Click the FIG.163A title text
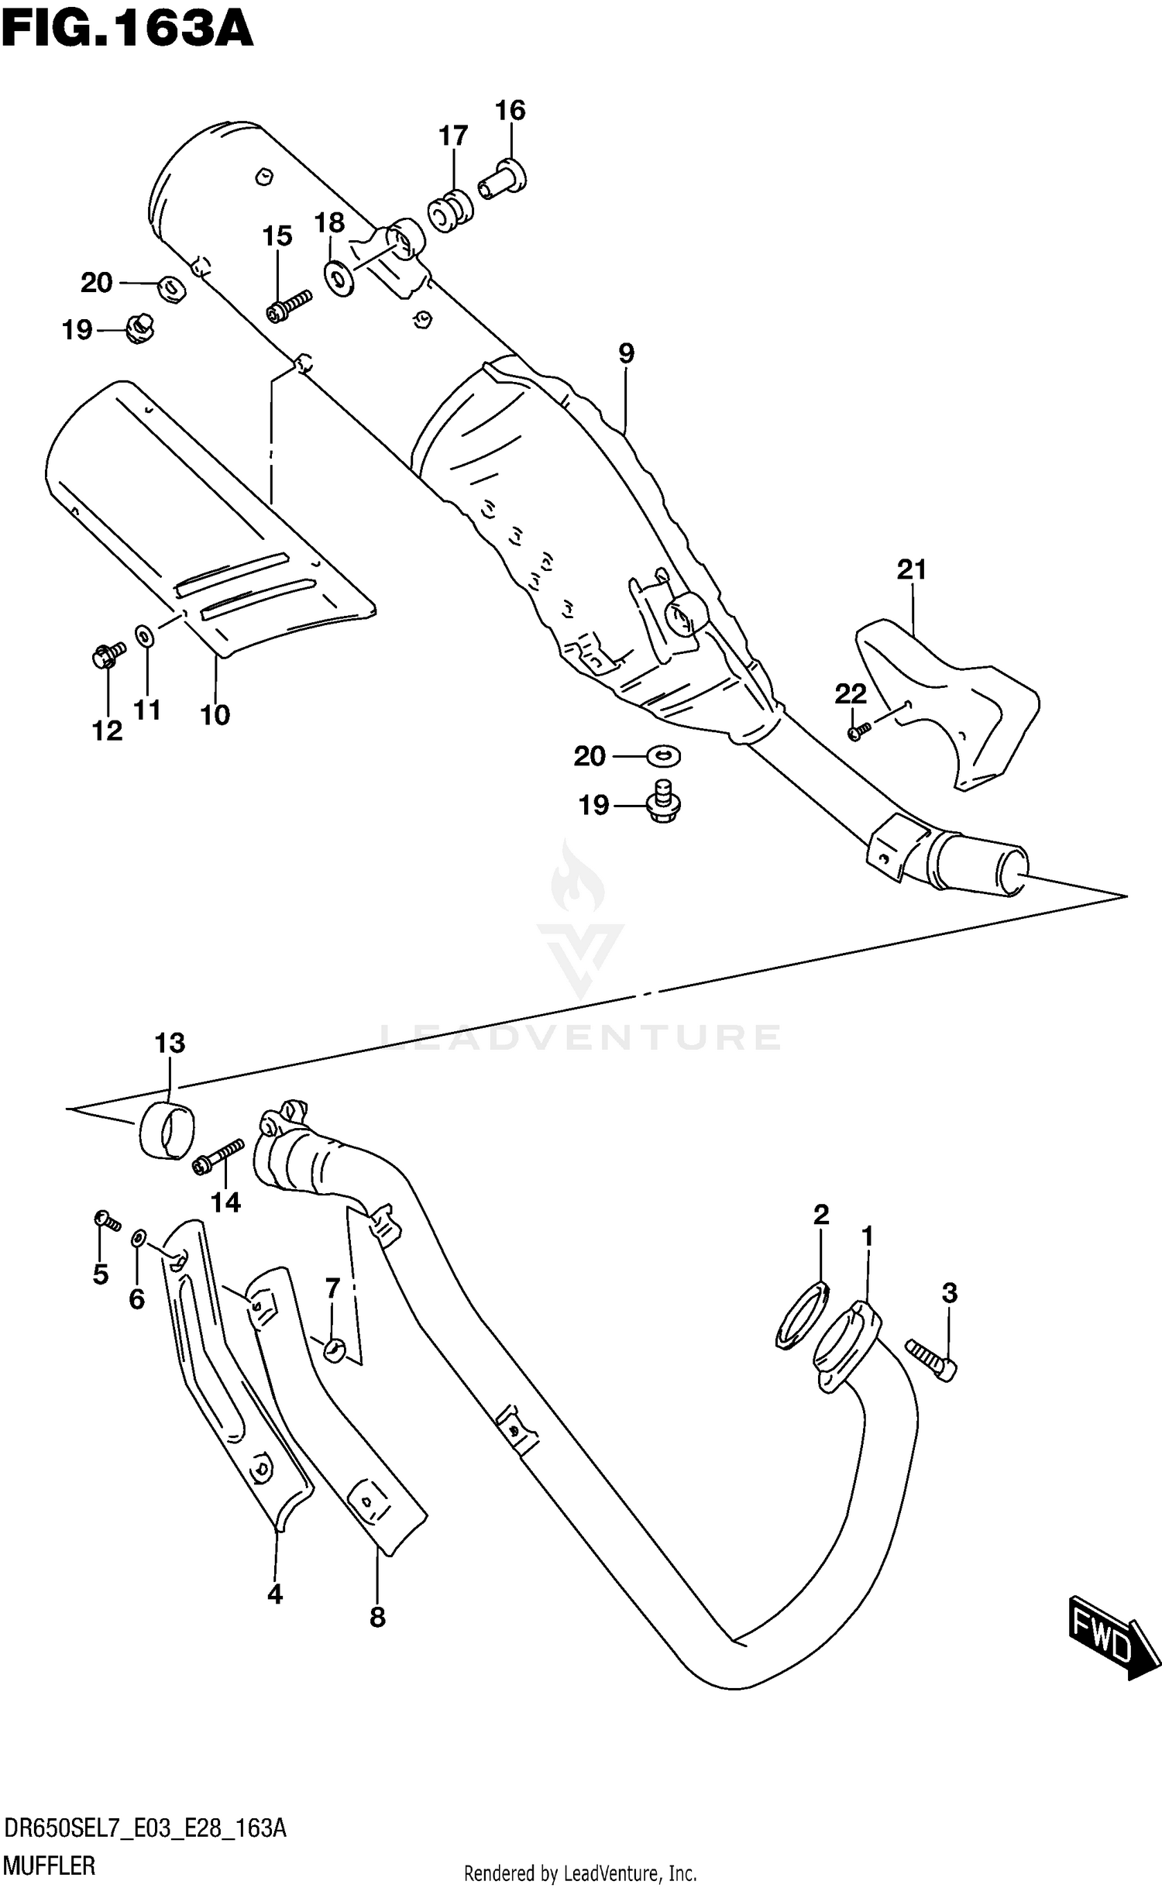coord(128,29)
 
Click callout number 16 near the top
coord(511,111)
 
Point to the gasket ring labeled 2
coord(803,1316)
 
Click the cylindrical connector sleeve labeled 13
coord(167,1133)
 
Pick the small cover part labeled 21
coord(945,701)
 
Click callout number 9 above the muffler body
coord(626,354)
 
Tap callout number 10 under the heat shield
coord(215,714)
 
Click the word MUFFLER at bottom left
coord(50,1866)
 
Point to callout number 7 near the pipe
coord(332,1288)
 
